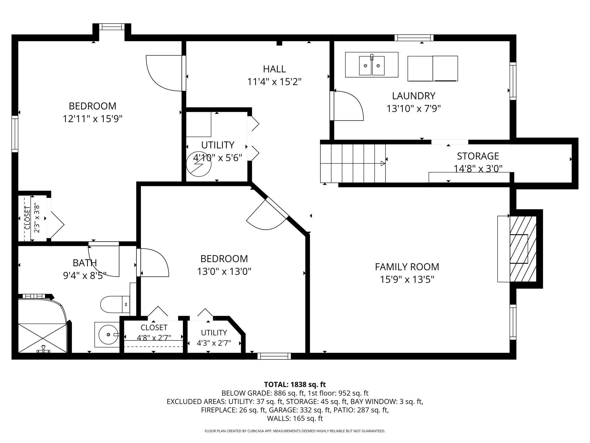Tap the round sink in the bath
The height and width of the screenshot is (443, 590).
coord(108,335)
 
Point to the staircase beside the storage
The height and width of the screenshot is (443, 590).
coord(353,163)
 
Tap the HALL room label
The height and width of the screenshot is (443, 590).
coord(274,69)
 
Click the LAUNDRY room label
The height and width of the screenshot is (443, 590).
coord(414,96)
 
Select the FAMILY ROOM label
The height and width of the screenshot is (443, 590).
coord(407,267)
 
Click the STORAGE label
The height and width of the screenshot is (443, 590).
coord(478,156)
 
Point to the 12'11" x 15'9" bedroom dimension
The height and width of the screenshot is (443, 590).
coord(92,119)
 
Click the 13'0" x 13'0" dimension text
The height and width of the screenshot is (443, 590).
coord(224,272)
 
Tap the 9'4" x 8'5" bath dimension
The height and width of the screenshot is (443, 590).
coord(85,275)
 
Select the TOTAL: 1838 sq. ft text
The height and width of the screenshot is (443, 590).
coord(295,385)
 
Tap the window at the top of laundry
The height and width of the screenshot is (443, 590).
coord(414,38)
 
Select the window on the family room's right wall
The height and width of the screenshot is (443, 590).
coord(513,322)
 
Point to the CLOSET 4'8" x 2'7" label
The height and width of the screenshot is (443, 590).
coord(154,333)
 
